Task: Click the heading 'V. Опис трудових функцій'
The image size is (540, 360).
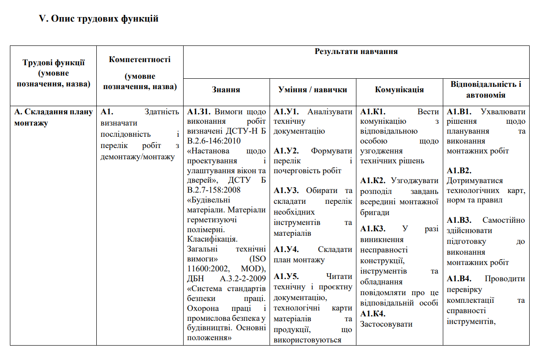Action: click(x=99, y=19)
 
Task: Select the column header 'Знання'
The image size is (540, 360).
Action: click(x=226, y=90)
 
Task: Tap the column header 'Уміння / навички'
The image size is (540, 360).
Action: click(x=313, y=90)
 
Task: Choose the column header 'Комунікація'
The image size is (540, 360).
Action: click(x=399, y=90)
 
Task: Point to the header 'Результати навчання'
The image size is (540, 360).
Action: click(x=356, y=51)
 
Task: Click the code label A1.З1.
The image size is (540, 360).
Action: click(x=199, y=112)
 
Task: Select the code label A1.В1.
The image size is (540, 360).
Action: click(x=459, y=112)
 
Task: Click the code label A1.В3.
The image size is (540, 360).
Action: click(x=459, y=220)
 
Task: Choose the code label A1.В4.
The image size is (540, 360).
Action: click(x=459, y=279)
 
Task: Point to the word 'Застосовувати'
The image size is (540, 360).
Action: click(x=387, y=324)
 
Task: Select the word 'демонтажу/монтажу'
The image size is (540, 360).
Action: click(x=138, y=156)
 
